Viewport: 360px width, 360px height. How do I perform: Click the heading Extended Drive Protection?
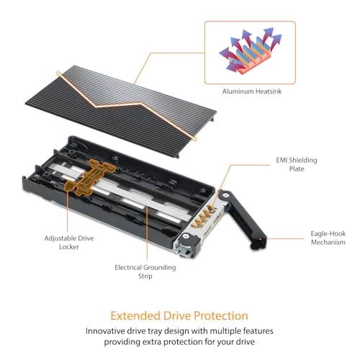[180, 315]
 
